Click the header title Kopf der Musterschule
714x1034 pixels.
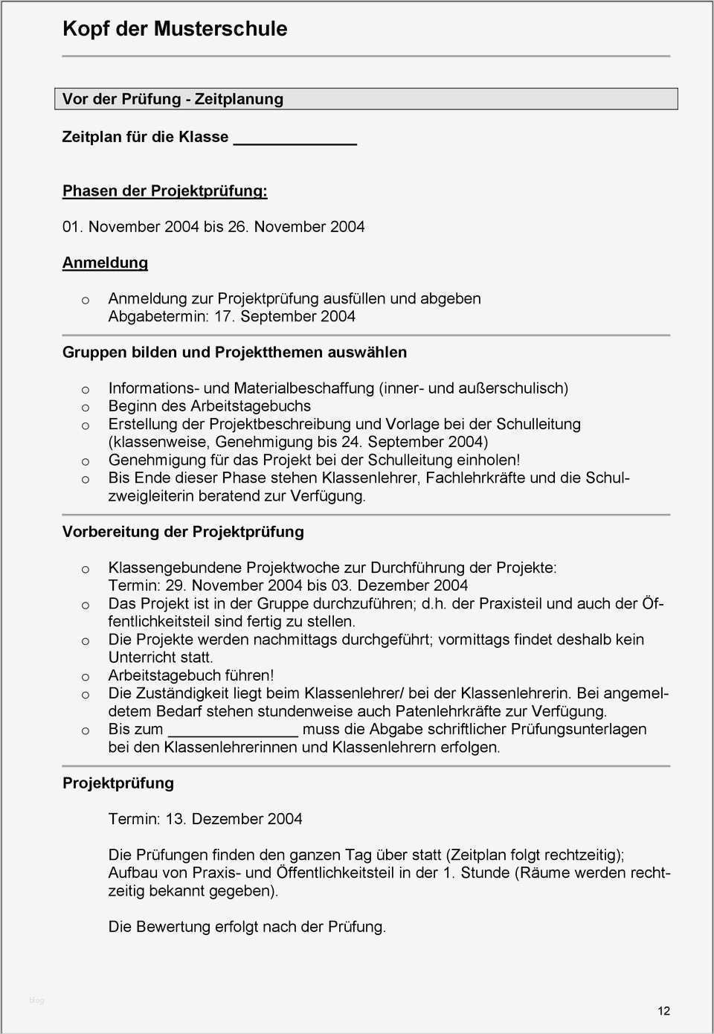tap(175, 29)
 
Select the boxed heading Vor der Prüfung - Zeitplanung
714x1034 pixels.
tap(173, 99)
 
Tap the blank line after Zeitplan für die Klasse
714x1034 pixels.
tap(295, 138)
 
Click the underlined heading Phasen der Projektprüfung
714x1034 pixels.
tap(164, 190)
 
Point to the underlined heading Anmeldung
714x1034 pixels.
tap(105, 263)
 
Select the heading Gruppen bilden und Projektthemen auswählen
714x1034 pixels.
tap(234, 352)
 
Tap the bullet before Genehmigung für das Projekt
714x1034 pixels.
tap(86, 461)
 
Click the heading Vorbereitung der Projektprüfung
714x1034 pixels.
tap(183, 532)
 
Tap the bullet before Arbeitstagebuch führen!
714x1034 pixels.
tap(86, 677)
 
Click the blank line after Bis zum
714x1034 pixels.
tap(233, 730)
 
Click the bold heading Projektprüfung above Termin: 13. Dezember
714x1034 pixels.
tap(118, 783)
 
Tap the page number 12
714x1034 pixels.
tap(663, 1010)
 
